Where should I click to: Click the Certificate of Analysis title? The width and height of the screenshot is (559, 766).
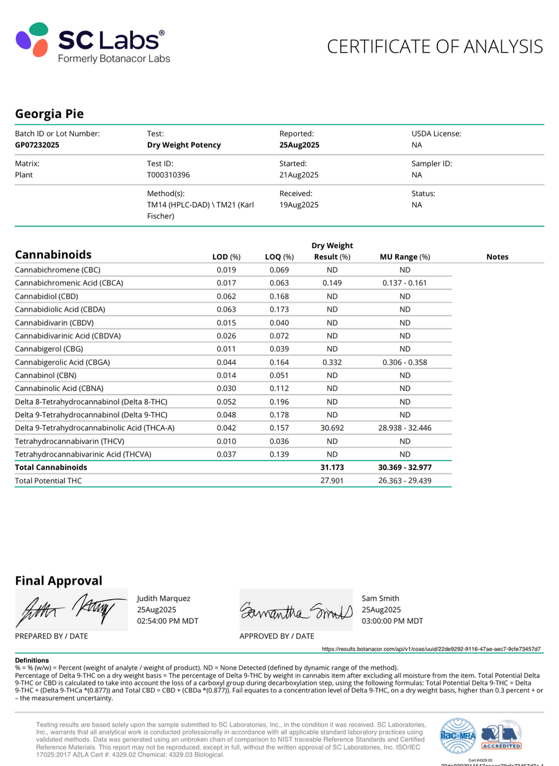click(x=435, y=47)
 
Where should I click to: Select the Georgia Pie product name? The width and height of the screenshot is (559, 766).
click(x=49, y=114)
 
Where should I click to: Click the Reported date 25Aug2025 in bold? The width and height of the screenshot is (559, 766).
click(x=299, y=145)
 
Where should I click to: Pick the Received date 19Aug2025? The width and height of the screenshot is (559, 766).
click(x=299, y=204)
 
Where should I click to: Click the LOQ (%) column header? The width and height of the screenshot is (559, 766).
click(x=279, y=256)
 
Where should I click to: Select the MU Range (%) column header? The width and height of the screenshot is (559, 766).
click(x=404, y=256)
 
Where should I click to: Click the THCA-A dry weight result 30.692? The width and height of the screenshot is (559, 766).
click(x=332, y=428)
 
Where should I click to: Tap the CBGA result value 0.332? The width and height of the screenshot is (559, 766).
click(x=332, y=362)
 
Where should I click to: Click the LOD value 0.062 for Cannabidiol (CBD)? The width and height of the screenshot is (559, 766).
click(x=226, y=296)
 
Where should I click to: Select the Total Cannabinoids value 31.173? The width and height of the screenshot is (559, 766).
click(x=332, y=467)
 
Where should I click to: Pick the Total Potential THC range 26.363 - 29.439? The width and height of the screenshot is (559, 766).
click(x=404, y=480)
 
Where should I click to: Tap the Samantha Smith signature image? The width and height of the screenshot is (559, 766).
click(x=296, y=610)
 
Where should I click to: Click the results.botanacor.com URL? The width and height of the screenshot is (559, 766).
click(x=431, y=649)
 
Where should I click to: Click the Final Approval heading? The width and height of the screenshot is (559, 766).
click(x=58, y=580)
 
